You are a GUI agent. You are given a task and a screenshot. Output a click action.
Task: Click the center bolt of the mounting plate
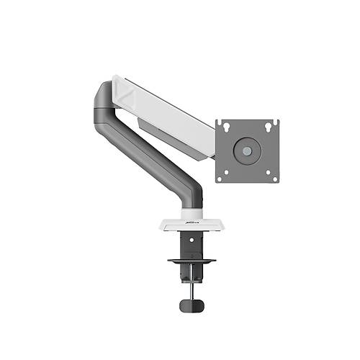coord(248,149)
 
